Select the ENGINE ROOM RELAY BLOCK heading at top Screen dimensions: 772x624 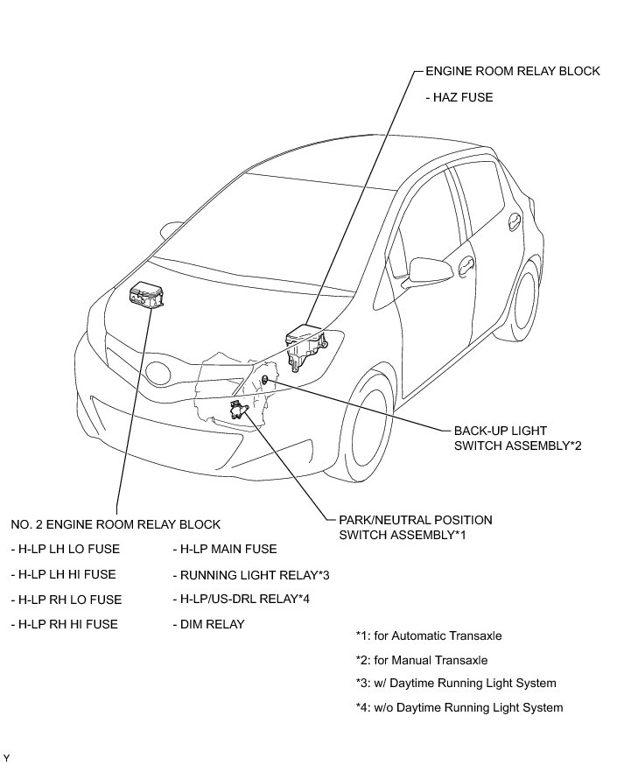coord(513,71)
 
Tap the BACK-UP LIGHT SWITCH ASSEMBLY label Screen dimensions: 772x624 coord(517,438)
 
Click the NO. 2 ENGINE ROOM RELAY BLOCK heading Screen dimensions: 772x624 coord(116,524)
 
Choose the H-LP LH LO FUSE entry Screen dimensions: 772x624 coord(66,549)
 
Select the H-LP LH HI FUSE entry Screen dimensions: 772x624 coord(63,574)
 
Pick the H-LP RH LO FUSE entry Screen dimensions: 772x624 coord(66,600)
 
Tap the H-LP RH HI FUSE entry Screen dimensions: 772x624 coord(64,624)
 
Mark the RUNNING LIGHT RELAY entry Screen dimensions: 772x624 coord(250,575)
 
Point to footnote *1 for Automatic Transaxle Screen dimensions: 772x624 coord(429,636)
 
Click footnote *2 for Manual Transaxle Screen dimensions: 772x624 coord(422,660)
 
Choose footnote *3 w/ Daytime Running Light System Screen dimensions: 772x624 coord(456,683)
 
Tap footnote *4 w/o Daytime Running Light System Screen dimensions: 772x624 coord(459,707)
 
